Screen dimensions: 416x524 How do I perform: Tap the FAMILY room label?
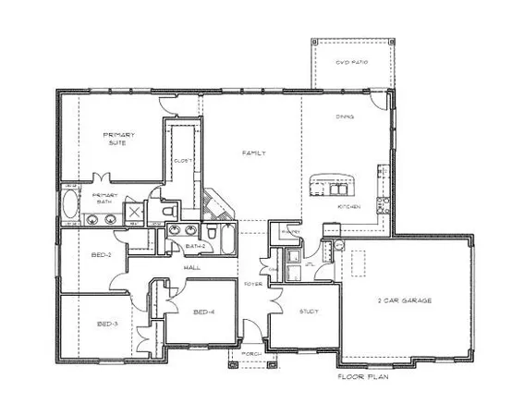point(255,153)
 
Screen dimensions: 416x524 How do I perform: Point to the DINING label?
point(344,118)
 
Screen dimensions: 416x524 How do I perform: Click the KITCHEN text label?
point(347,207)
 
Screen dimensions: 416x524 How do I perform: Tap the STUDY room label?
point(309,312)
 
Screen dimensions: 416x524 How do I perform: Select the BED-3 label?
point(107,324)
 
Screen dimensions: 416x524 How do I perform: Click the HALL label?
point(192,267)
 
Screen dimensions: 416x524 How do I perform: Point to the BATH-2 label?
point(194,247)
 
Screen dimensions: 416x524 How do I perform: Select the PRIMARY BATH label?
point(104,199)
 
